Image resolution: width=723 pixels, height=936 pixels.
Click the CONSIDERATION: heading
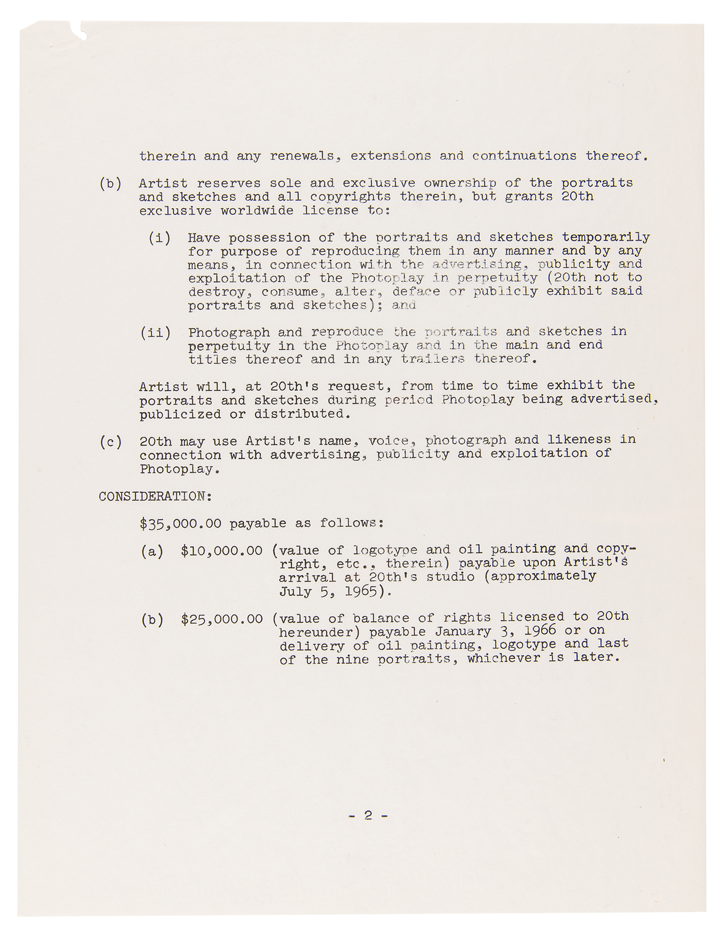155,496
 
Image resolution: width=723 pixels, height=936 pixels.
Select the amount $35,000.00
180,523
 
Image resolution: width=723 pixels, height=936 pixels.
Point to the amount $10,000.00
221,551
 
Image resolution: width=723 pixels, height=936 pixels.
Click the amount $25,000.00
221,619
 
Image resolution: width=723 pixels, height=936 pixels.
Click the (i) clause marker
159,238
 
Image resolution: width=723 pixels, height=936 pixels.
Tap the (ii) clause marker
155,333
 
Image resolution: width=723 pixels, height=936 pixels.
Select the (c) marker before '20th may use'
111,442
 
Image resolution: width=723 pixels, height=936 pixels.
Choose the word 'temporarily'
606,238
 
